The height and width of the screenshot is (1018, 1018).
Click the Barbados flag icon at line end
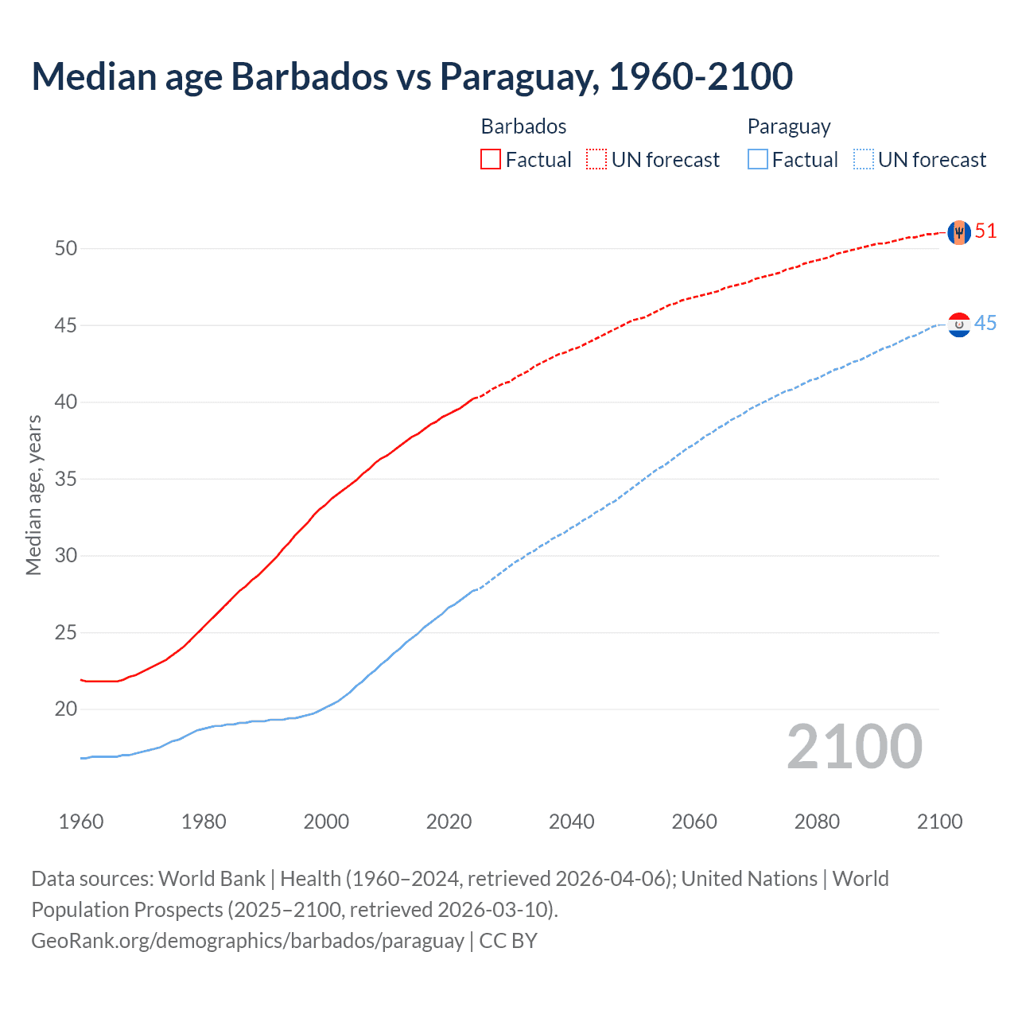[958, 232]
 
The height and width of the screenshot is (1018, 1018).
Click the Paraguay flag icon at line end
[959, 324]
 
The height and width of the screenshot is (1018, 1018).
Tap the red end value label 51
[985, 231]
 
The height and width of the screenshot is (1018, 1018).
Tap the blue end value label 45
[985, 324]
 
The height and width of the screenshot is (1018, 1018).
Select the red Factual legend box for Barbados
[491, 160]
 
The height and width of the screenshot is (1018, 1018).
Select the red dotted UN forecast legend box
[596, 160]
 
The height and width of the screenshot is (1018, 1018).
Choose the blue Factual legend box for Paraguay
[758, 160]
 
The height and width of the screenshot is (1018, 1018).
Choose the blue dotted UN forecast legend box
[863, 160]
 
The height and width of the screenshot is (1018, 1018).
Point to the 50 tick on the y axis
[66, 249]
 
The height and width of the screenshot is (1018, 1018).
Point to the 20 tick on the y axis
[66, 709]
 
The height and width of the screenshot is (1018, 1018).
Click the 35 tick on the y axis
[66, 480]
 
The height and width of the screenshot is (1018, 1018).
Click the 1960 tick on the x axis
[81, 822]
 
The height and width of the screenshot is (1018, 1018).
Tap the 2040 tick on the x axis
[572, 822]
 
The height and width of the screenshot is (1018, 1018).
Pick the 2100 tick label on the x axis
[939, 822]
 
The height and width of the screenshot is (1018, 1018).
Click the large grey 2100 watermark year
[854, 747]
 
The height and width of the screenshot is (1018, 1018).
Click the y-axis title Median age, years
[33, 495]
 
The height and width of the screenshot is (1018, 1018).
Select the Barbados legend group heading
[523, 126]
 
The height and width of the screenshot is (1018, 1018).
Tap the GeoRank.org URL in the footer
[247, 941]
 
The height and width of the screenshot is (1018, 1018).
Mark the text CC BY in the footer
[508, 941]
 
